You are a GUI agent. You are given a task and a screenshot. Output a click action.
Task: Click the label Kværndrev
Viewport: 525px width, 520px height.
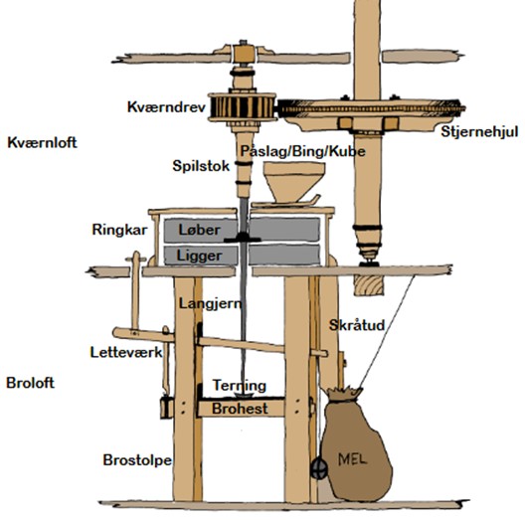tap(166, 107)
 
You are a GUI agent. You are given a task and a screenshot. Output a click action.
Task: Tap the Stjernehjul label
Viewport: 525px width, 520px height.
tap(479, 131)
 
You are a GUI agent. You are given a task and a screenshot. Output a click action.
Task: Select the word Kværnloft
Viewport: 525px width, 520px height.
tap(42, 142)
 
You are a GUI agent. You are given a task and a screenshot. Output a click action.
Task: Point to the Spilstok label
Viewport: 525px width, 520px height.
tap(201, 166)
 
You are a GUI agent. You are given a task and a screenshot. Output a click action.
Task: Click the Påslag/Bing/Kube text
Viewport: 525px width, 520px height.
tap(302, 152)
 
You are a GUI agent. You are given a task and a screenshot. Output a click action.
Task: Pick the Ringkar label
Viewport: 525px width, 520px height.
tap(119, 230)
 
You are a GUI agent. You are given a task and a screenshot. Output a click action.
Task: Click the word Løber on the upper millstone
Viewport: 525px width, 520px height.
tap(199, 230)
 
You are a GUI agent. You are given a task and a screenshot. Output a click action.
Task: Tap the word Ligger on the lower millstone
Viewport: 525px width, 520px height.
tap(199, 257)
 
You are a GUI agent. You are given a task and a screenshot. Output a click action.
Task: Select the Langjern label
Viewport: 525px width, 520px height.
tap(210, 304)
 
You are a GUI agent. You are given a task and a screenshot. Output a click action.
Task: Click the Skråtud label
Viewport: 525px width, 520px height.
tap(357, 325)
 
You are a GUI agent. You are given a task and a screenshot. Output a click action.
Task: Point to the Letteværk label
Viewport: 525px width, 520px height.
tap(126, 352)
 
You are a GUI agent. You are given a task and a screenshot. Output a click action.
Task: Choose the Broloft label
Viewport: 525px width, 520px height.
tap(30, 383)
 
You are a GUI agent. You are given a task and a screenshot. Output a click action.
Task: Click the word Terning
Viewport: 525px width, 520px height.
tap(240, 386)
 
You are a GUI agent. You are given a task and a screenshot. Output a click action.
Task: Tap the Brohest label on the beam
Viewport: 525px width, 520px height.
tap(240, 409)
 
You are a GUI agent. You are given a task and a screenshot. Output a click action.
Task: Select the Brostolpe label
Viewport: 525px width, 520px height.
tap(137, 460)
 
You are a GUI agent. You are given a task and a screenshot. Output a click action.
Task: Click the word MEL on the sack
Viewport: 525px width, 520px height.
tap(353, 458)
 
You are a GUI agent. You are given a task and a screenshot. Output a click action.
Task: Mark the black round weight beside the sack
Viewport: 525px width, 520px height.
tap(319, 468)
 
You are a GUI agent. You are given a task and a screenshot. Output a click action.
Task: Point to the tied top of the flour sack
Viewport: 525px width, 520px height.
tap(345, 394)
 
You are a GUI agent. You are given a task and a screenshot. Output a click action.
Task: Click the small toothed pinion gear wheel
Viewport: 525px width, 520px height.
tap(242, 107)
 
